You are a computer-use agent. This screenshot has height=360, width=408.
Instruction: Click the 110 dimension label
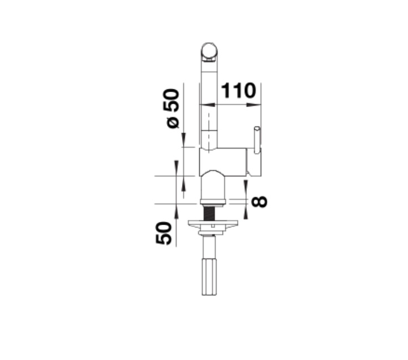(x=238, y=90)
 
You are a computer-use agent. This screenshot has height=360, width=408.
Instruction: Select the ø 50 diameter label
(x=171, y=108)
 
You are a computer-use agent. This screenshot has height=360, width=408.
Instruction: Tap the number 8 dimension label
(x=259, y=201)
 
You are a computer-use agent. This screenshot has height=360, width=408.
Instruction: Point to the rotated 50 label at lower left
(x=164, y=233)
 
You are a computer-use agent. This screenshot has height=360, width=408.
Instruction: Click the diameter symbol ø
(x=173, y=122)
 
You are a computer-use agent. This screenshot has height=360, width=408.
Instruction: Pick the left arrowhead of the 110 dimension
(x=208, y=105)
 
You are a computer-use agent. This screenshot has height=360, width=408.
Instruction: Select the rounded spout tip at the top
(x=209, y=51)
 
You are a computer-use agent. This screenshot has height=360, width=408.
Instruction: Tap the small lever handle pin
(x=257, y=140)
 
